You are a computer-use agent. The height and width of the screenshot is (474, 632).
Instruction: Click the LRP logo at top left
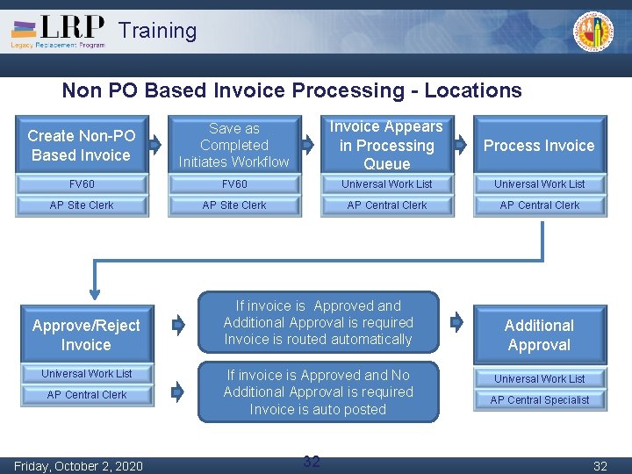[58, 31]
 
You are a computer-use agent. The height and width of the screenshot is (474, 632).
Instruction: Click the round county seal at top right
[594, 32]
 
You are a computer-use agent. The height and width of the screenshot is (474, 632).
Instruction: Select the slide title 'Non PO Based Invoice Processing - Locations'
[291, 90]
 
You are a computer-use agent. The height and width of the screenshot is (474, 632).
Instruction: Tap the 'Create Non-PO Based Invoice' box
[81, 146]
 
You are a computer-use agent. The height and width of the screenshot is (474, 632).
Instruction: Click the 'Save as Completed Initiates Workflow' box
[233, 146]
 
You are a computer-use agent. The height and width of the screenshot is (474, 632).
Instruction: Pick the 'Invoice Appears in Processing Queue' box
[386, 146]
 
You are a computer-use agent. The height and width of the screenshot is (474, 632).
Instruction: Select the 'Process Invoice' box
[539, 146]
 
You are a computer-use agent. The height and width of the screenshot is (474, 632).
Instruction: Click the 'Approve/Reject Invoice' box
[86, 335]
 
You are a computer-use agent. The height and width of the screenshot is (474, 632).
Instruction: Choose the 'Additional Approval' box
[539, 335]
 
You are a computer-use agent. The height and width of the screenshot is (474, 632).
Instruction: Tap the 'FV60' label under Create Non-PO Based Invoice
[82, 184]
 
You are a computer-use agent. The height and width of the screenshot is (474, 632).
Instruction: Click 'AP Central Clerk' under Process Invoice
[540, 205]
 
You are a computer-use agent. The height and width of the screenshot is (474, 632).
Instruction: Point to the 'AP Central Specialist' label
[540, 400]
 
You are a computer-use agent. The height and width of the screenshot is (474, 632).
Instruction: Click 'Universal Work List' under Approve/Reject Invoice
[87, 374]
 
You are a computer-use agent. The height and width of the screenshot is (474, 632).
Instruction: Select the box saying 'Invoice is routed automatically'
[318, 323]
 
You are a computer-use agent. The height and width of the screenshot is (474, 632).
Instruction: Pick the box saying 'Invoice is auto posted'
[318, 392]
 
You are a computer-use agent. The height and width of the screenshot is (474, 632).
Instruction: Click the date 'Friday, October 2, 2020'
[78, 466]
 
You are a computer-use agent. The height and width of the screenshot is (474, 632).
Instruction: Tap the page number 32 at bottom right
[600, 466]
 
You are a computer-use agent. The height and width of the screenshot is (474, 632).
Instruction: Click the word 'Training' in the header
[158, 31]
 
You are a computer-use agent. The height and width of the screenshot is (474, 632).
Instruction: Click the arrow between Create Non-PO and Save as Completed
[155, 143]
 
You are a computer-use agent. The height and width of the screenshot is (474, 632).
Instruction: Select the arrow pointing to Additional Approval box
[456, 322]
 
